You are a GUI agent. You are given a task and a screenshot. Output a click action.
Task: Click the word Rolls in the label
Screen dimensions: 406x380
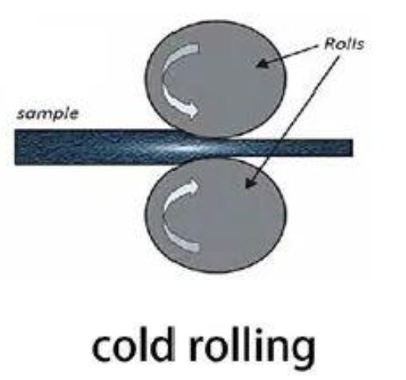click(x=344, y=44)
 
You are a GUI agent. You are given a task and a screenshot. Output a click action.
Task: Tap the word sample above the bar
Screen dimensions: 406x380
click(x=48, y=114)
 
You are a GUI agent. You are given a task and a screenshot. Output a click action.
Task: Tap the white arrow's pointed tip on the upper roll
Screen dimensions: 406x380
click(x=198, y=110)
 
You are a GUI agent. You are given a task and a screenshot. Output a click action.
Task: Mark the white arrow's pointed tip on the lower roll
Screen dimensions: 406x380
click(x=198, y=186)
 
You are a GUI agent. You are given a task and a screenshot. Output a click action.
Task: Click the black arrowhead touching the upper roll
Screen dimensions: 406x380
click(x=262, y=64)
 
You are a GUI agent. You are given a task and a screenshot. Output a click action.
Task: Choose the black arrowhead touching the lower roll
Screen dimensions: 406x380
click(x=250, y=182)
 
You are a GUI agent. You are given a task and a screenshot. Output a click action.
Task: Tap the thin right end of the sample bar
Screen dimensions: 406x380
click(x=352, y=147)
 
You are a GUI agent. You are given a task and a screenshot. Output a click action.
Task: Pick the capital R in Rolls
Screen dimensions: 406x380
click(x=330, y=44)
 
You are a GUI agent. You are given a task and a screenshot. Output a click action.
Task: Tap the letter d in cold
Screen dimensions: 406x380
click(x=163, y=345)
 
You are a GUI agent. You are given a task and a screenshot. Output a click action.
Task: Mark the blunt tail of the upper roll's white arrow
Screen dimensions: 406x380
click(x=197, y=49)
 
